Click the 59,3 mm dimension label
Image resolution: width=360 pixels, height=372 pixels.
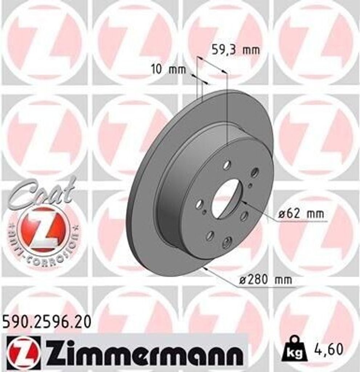[236, 50]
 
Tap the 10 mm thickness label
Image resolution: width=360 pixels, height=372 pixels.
[168, 69]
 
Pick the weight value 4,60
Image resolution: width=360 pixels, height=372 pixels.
[328, 349]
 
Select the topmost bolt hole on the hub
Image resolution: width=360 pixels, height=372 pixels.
[227, 165]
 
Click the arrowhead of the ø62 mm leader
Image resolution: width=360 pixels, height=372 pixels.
[243, 202]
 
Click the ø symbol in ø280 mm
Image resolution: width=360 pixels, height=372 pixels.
[243, 280]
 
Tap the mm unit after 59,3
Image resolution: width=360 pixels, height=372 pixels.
[251, 50]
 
